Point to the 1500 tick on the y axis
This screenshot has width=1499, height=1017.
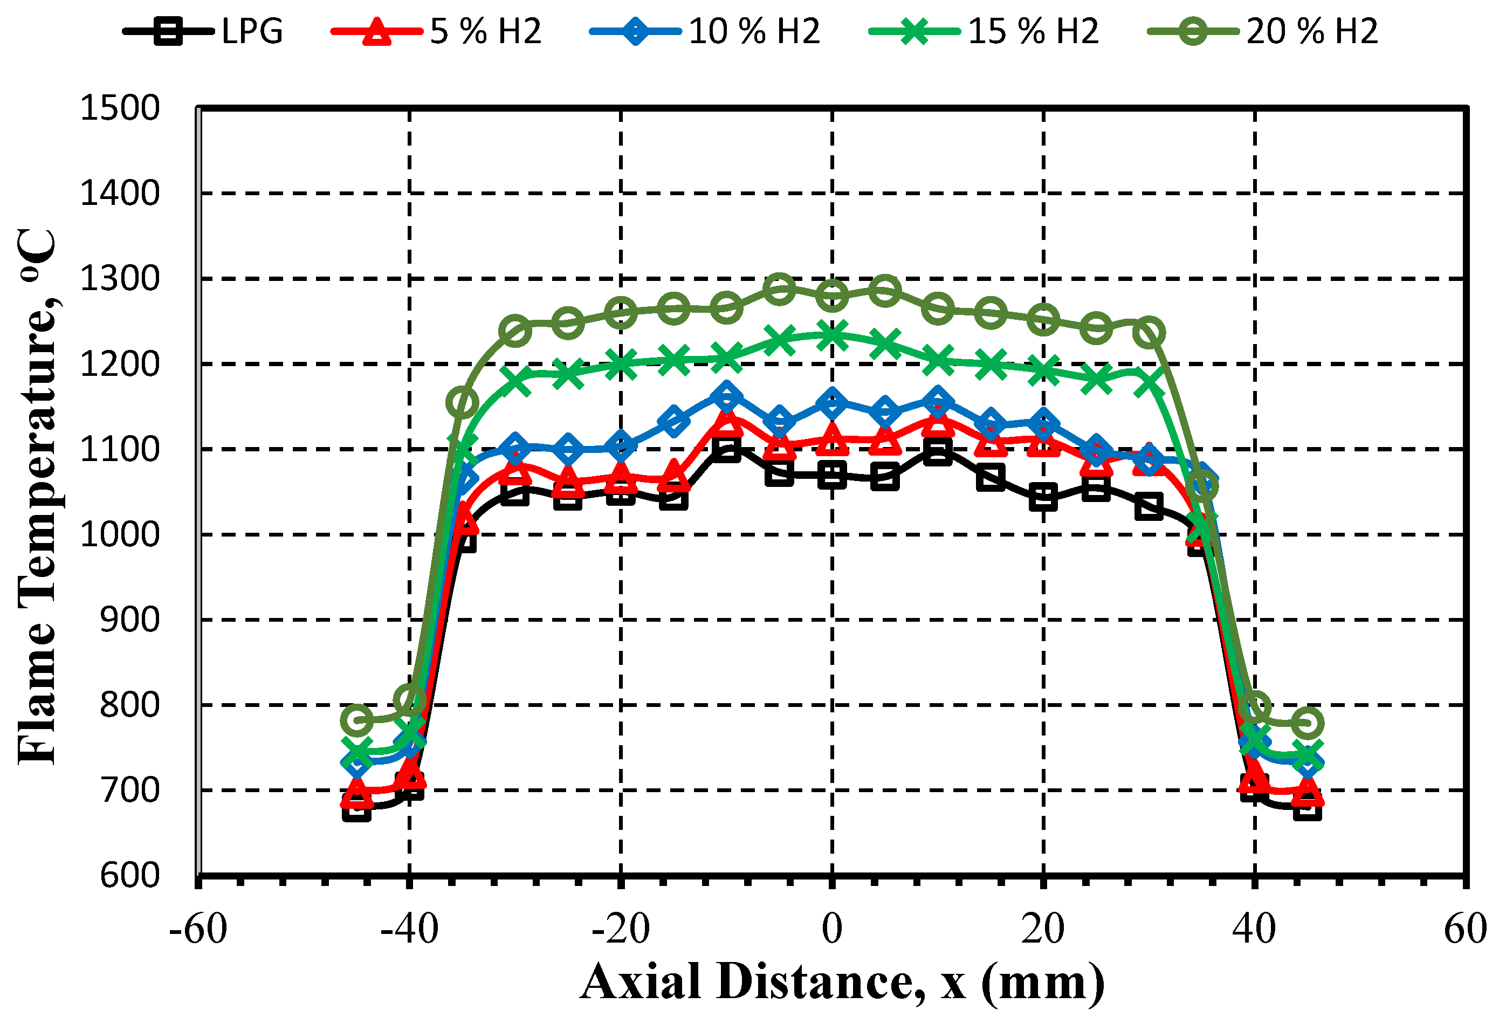point(119,108)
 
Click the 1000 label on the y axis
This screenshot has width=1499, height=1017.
point(119,534)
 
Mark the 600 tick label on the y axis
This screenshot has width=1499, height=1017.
point(129,875)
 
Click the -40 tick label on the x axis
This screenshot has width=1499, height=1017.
point(409,929)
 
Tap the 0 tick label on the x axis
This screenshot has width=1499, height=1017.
point(832,929)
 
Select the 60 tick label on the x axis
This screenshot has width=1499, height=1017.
point(1465,929)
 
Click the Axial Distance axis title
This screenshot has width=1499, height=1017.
point(842,981)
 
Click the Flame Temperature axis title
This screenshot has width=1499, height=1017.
point(37,497)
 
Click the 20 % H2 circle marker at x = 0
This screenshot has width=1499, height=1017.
point(832,296)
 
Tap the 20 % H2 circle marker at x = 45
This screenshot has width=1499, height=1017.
point(1308,722)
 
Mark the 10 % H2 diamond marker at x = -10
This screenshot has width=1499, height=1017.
point(726,396)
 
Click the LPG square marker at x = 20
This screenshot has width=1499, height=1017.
point(1043,497)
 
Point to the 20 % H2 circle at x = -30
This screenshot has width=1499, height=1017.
point(515,332)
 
